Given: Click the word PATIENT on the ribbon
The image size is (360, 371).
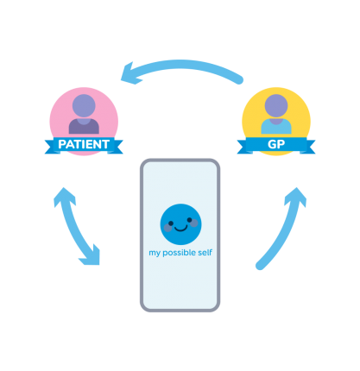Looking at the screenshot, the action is [84, 144].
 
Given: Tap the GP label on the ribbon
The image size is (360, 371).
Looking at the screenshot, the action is [276, 144].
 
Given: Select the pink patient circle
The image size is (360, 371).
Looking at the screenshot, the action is [84, 122].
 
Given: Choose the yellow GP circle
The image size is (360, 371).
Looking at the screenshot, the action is [276, 122].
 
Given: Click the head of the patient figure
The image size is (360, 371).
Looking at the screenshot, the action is [84, 105].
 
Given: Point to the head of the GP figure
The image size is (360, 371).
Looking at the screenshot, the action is [276, 105].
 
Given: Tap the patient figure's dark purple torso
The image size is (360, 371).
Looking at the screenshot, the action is [84, 127].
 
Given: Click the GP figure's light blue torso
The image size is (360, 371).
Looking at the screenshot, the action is [276, 127].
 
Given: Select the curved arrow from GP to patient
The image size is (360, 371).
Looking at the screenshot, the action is [180, 65].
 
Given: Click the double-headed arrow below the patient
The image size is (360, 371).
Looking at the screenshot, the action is [74, 227].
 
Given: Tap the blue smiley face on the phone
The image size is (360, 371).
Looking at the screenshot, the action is [180, 224].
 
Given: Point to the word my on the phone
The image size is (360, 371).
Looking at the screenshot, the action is [155, 254].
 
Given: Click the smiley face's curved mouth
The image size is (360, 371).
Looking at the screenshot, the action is [180, 229].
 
